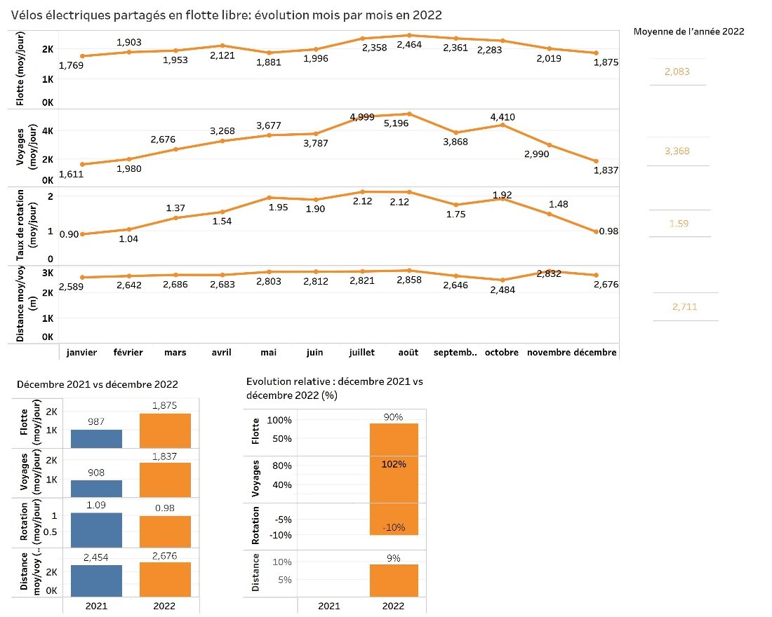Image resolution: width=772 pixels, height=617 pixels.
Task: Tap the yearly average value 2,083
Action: pyautogui.click(x=677, y=72)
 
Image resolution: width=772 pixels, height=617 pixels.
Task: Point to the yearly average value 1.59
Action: pyautogui.click(x=680, y=224)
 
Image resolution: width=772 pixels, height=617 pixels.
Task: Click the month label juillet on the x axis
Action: pyautogui.click(x=361, y=353)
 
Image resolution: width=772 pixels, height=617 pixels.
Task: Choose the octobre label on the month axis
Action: pyautogui.click(x=501, y=353)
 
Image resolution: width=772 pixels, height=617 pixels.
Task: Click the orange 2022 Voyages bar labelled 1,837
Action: pyautogui.click(x=165, y=479)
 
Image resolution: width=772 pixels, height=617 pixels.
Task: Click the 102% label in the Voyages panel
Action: pyautogui.click(x=393, y=464)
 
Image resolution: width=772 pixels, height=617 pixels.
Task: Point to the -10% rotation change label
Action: pyautogui.click(x=393, y=528)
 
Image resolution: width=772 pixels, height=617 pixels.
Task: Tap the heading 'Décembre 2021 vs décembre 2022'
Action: pyautogui.click(x=98, y=384)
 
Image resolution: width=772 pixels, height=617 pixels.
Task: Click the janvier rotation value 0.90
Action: pyautogui.click(x=69, y=234)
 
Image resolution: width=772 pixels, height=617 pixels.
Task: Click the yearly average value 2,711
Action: pyautogui.click(x=684, y=306)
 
